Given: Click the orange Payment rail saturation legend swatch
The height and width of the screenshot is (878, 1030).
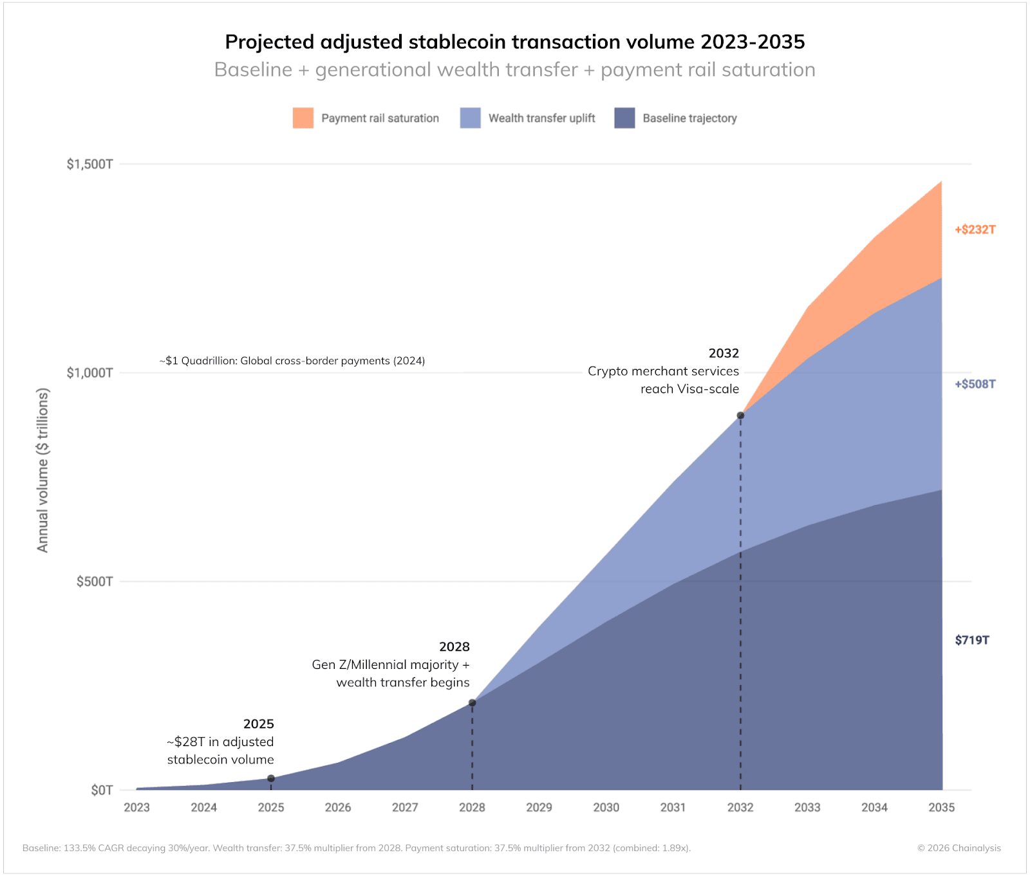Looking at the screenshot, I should pyautogui.click(x=303, y=118).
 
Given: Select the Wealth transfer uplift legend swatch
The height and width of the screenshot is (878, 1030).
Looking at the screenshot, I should pyautogui.click(x=470, y=118).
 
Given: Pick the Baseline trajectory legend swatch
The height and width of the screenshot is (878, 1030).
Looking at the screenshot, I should pyautogui.click(x=624, y=118).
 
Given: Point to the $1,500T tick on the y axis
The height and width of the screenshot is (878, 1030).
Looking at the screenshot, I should pyautogui.click(x=89, y=164).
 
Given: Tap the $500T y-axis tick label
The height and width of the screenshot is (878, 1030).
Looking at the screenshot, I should pyautogui.click(x=95, y=581).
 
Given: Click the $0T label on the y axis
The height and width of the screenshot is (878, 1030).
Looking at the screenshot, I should pyautogui.click(x=102, y=790).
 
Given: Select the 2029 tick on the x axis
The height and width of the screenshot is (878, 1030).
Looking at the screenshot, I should pyautogui.click(x=539, y=807).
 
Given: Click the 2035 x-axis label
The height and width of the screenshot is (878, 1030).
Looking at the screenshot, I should pyautogui.click(x=941, y=807).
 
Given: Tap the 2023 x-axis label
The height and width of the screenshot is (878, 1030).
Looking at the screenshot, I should pyautogui.click(x=136, y=807).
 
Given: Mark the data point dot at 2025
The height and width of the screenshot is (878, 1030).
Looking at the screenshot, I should pyautogui.click(x=271, y=778).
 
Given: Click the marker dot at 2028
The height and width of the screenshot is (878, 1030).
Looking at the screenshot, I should pyautogui.click(x=472, y=703).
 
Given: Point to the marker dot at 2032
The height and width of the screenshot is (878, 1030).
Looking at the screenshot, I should pyautogui.click(x=740, y=416).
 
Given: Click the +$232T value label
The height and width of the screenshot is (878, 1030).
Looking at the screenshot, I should pyautogui.click(x=975, y=230).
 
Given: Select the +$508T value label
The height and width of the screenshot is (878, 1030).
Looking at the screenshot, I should pyautogui.click(x=975, y=384).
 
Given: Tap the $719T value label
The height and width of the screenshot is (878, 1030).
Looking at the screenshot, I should pyautogui.click(x=971, y=640).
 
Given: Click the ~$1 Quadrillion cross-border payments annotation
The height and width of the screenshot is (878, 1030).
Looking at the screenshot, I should pyautogui.click(x=292, y=361).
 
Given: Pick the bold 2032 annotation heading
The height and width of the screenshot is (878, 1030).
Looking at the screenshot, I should pyautogui.click(x=724, y=353).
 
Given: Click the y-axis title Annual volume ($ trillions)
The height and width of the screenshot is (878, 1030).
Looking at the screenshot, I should pyautogui.click(x=42, y=470).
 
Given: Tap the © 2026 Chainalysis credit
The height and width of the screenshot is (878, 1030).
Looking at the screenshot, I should pyautogui.click(x=959, y=848).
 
